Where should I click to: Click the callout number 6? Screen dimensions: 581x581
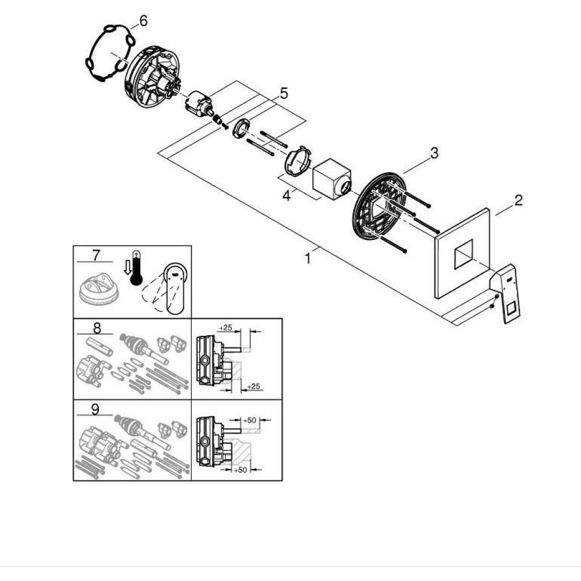pos(142,21)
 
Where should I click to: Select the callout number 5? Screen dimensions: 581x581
pos(283,94)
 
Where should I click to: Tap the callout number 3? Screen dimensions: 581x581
pos(433,153)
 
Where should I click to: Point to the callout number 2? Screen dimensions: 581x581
pos(518,200)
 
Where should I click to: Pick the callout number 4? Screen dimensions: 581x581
pos(286,196)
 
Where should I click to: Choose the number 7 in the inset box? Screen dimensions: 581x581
pos(96,255)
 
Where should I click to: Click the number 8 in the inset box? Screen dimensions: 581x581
pos(96,328)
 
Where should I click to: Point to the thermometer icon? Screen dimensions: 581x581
pos(136,268)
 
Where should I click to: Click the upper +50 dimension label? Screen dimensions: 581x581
pos(249,419)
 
